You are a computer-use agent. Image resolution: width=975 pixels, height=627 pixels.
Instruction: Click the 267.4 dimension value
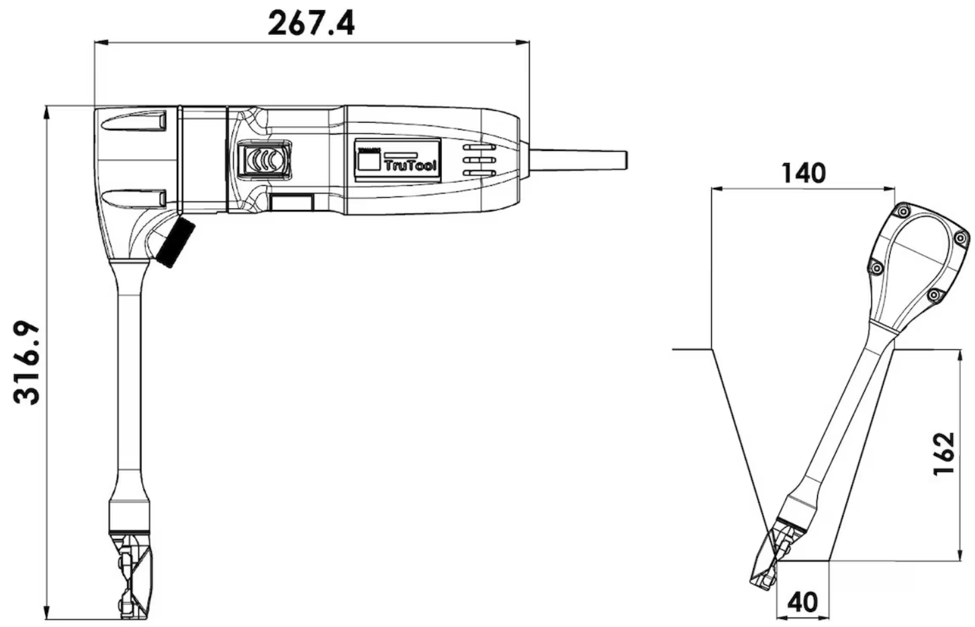point(312,23)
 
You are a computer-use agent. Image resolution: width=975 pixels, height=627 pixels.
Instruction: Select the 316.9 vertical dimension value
point(28,363)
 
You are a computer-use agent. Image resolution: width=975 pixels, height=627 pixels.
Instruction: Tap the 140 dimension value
point(803,173)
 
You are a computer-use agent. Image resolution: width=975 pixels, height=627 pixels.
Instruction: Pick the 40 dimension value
point(802,602)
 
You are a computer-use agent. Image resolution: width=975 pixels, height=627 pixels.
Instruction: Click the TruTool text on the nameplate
point(410,166)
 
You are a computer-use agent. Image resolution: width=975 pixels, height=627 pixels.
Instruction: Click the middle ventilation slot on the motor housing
point(478,160)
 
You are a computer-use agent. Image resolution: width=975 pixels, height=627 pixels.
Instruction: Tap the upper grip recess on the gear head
point(134,122)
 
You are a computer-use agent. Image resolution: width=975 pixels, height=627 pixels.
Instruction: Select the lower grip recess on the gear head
point(134,198)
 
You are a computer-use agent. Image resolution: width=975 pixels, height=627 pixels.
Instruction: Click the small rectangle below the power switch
point(291,203)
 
